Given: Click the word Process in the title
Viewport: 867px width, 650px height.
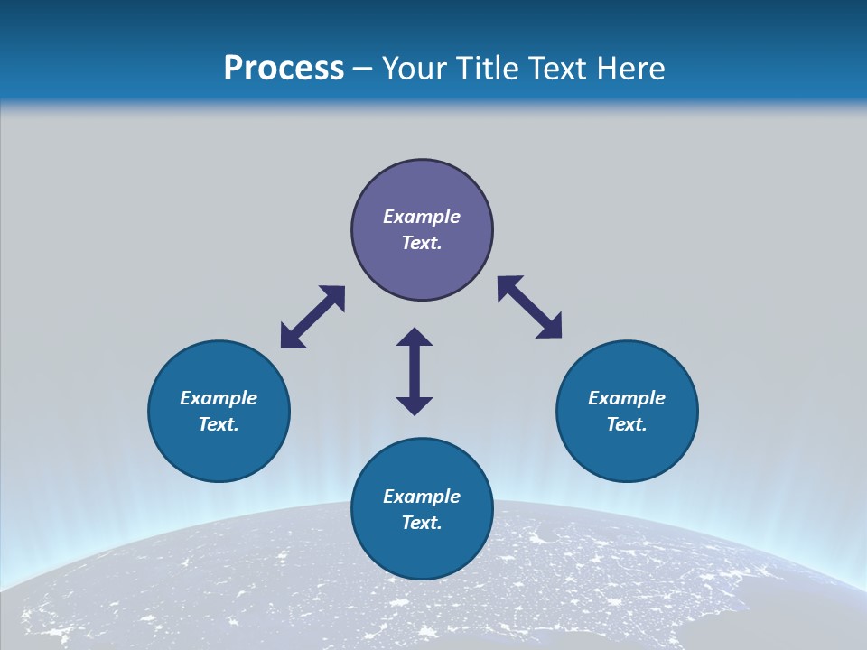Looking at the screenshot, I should pos(284,69).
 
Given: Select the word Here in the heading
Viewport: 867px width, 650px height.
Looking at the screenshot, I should pos(632,69).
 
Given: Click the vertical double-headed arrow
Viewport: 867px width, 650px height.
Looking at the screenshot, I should pos(415,371).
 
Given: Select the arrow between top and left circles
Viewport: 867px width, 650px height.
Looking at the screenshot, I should pos(312,317).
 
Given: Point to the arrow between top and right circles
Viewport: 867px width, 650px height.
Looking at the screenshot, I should pos(530,307).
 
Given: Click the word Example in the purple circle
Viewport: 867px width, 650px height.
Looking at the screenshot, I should pos(422,217).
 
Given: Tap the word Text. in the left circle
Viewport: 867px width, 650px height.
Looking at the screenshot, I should pos(219,424).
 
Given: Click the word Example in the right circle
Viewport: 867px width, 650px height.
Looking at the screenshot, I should pos(627,398).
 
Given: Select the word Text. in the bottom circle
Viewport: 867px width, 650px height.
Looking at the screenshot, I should pos(422,523).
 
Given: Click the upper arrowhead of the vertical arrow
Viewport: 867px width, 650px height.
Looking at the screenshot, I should pos(415,339).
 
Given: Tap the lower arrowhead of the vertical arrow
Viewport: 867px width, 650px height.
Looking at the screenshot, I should pos(415,404).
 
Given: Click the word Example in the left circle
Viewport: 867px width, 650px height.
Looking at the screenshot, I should pos(219,398).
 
